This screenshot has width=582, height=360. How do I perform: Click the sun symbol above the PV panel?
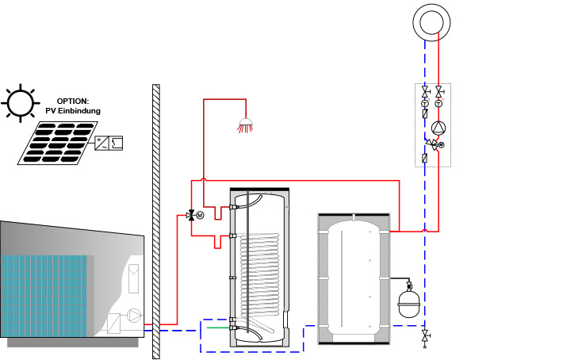tap(20, 103)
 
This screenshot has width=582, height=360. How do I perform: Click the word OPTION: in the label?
tap(73, 101)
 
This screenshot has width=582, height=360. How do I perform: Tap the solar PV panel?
tap(58, 143)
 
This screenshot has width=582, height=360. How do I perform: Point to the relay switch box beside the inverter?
tap(116, 144)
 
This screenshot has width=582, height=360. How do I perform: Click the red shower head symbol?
tap(245, 125)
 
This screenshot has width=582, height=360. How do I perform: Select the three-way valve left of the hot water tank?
tap(192, 215)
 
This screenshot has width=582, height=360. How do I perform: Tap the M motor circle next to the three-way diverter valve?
tap(200, 215)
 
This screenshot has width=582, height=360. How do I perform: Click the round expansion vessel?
tap(408, 302)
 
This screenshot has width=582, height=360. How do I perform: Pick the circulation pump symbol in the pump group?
tap(438, 128)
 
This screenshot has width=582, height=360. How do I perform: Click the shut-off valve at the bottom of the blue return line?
tap(425, 337)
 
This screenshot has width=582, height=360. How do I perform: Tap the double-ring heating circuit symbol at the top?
tap(431, 22)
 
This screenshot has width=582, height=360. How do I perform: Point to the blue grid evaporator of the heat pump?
tap(44, 296)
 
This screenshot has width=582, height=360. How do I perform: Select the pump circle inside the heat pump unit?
tap(134, 315)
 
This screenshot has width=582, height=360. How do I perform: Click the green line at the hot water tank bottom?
tap(218, 327)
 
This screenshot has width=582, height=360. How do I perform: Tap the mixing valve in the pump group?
tap(432, 144)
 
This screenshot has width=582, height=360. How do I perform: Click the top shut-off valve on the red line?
tap(438, 90)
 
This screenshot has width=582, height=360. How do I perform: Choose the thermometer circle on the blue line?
tap(425, 104)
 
